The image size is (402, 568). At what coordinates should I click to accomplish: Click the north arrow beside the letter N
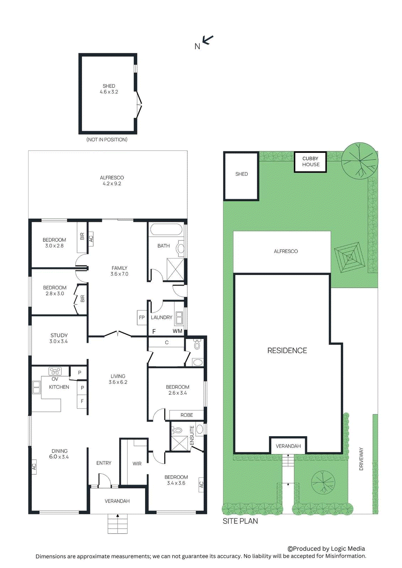click(x=208, y=40)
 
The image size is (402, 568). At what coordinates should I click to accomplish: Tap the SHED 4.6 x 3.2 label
click(x=109, y=89)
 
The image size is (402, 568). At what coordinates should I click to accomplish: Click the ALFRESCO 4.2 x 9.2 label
click(x=112, y=180)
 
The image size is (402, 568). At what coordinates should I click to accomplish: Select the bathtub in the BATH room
click(x=166, y=229)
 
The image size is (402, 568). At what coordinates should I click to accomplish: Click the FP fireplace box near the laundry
click(x=142, y=317)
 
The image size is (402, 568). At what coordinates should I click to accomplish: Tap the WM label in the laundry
click(x=177, y=331)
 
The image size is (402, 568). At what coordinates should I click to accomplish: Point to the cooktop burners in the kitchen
click(x=55, y=371)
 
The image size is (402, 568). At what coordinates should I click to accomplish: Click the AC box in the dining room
click(x=34, y=466)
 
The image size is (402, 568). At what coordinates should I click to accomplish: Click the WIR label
click(x=137, y=464)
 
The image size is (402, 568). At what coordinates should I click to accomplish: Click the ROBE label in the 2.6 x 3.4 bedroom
click(x=187, y=415)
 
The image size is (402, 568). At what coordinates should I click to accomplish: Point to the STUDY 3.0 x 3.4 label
click(x=59, y=338)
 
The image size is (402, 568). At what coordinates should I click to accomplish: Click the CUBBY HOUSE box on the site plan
click(x=311, y=162)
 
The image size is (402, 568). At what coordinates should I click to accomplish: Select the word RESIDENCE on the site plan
click(x=287, y=350)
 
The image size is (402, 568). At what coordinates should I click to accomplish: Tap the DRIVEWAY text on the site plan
click(x=361, y=459)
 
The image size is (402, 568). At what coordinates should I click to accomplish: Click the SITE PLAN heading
click(x=240, y=521)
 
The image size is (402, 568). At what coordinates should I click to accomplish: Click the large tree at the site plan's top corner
click(x=359, y=161)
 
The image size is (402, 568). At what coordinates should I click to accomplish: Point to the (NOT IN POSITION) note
click(x=107, y=140)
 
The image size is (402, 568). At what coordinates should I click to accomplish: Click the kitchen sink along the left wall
click(x=36, y=387)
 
